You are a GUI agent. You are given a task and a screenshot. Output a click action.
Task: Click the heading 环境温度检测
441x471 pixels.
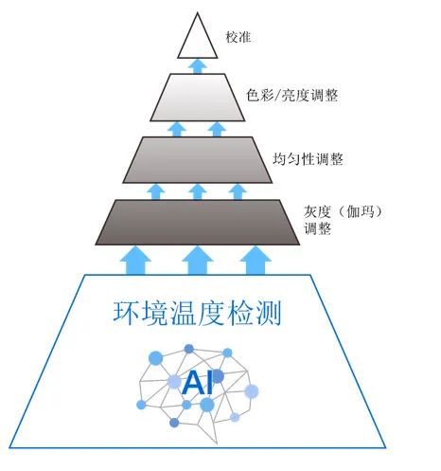[198, 314]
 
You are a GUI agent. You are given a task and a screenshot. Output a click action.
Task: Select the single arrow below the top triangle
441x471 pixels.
[198, 64]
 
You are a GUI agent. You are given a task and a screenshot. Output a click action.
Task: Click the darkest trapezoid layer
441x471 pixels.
[198, 222]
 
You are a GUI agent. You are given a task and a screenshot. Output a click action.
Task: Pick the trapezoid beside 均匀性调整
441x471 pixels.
[198, 159]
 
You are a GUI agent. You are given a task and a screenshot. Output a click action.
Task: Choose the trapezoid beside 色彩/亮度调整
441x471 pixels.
[198, 96]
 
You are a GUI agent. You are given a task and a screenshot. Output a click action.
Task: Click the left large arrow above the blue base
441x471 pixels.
[138, 259]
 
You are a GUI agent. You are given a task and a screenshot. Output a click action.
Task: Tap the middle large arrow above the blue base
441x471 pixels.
[197, 259]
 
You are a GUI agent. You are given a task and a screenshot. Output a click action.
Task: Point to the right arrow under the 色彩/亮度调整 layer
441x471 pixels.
[219, 128]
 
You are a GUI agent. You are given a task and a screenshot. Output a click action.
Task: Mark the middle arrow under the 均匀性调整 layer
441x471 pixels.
[198, 190]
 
